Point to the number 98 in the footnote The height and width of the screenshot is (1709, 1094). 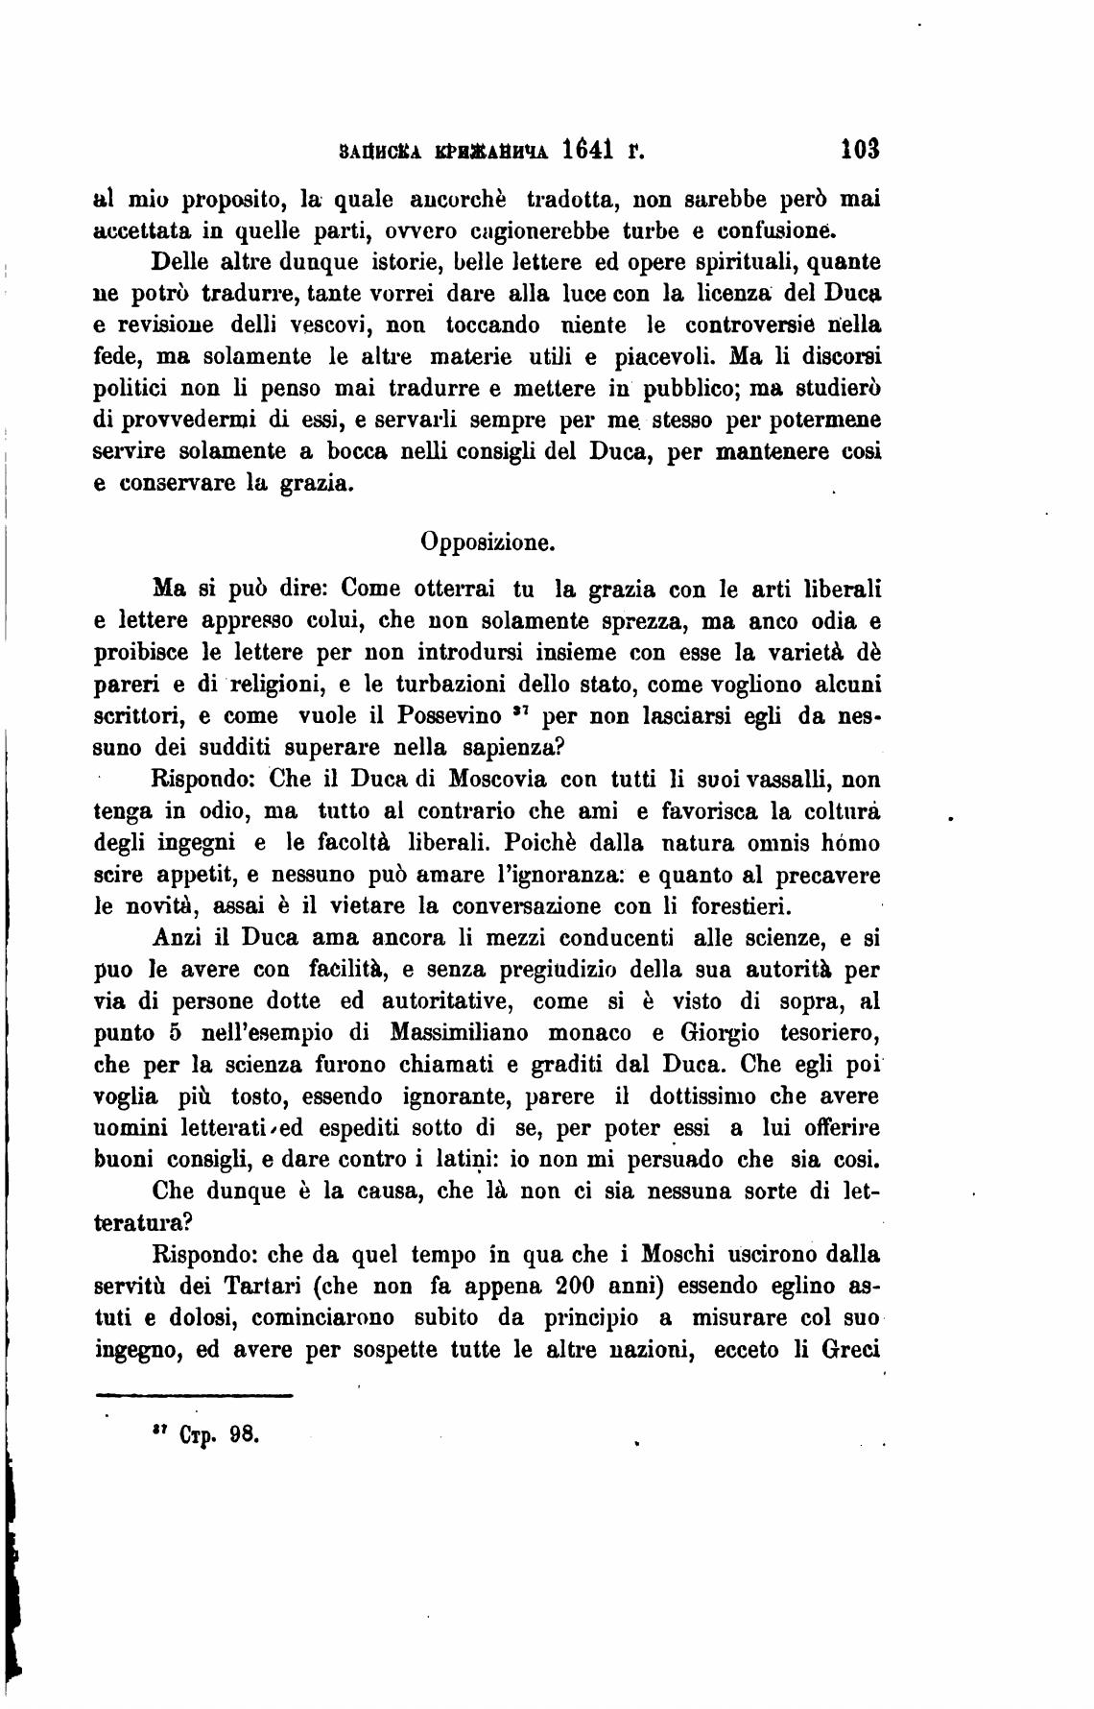(x=243, y=1437)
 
